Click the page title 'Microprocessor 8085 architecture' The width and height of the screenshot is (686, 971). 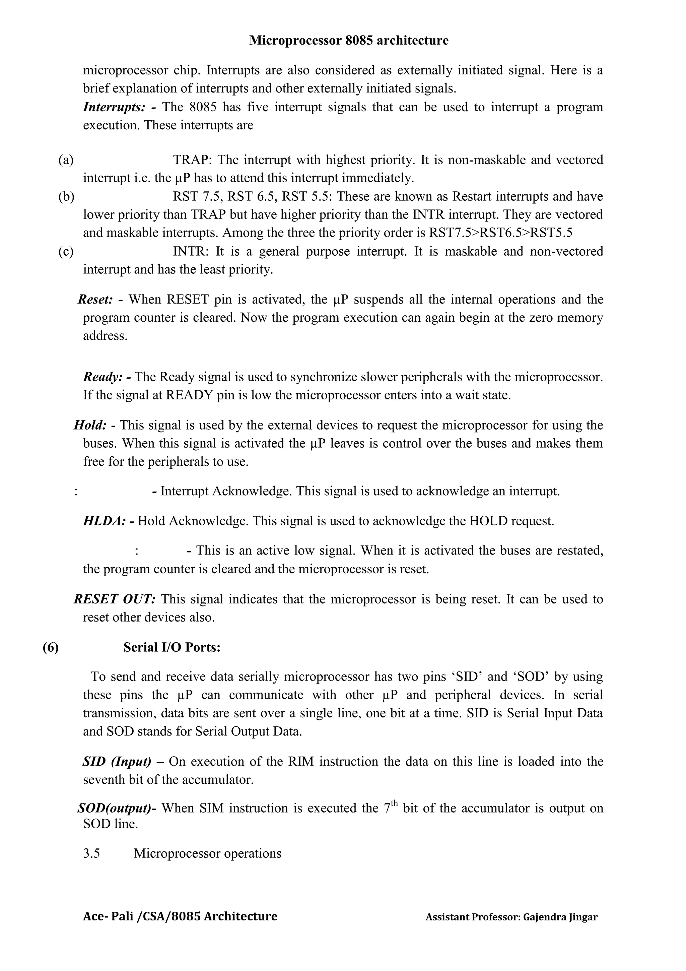[349, 41]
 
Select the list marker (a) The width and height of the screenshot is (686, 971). [66, 160]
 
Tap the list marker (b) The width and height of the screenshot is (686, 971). [66, 197]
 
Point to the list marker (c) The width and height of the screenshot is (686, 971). [66, 251]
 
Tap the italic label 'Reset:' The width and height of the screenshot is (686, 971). [95, 300]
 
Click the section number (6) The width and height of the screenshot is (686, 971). [51, 647]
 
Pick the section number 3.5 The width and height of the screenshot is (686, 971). [92, 853]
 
